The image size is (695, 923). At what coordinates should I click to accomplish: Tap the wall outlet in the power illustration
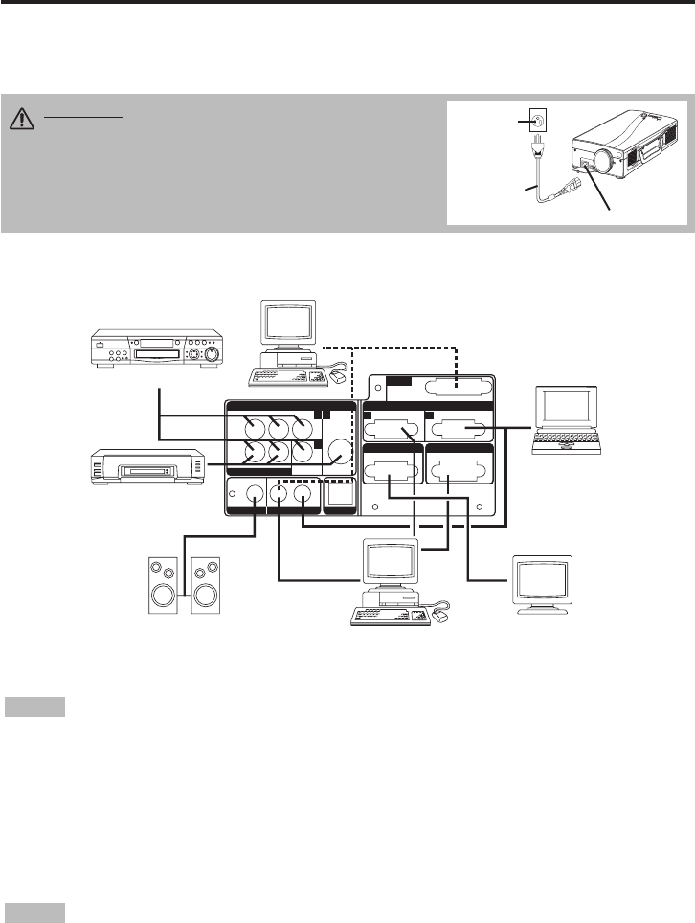537,122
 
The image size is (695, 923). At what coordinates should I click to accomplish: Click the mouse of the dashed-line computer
340,379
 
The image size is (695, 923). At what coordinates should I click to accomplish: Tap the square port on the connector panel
339,494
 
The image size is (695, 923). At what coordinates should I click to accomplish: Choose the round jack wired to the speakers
256,495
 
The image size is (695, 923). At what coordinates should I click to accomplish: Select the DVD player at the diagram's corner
157,349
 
